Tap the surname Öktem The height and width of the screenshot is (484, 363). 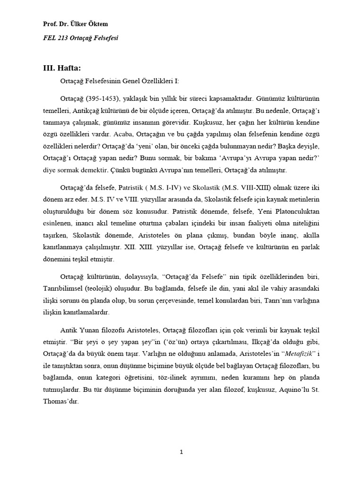point(104,24)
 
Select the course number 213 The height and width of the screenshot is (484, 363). point(61,38)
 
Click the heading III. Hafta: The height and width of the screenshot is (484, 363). point(64,68)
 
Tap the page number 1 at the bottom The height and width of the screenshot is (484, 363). point(181,452)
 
